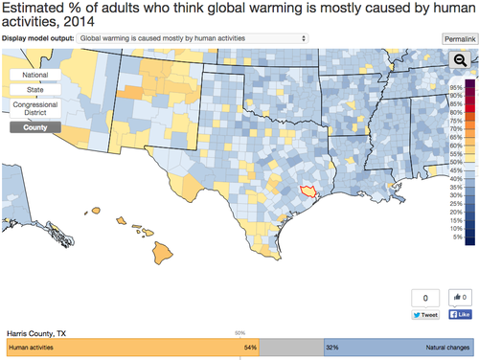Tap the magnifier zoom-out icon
pyautogui.click(x=459, y=59)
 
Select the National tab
pyautogui.click(x=35, y=75)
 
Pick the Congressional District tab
pyautogui.click(x=35, y=108)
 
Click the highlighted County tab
pyautogui.click(x=35, y=126)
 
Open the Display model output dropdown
pyautogui.click(x=192, y=38)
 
